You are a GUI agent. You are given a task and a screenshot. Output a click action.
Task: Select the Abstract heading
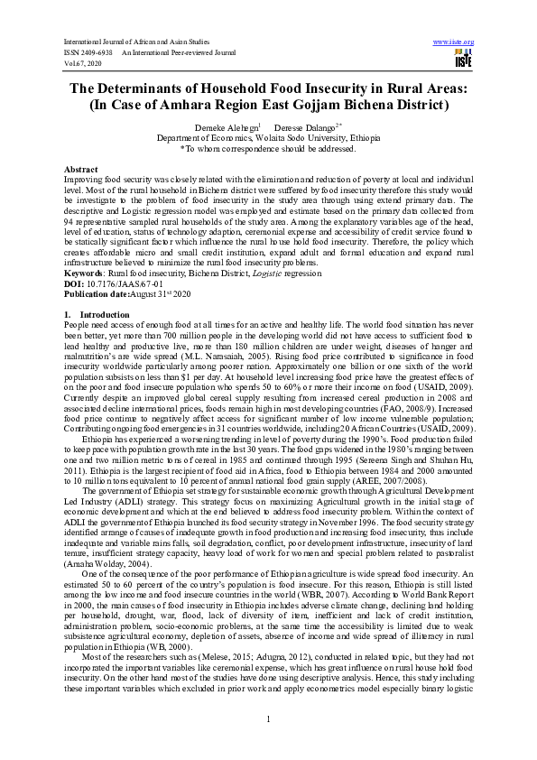(80, 170)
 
